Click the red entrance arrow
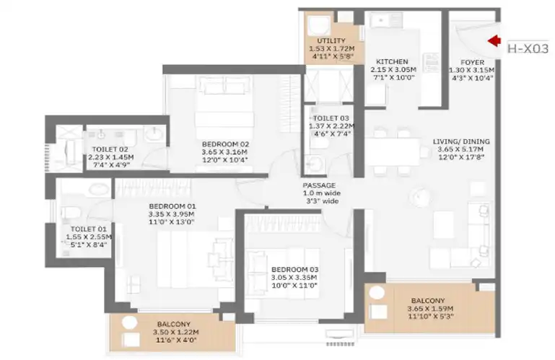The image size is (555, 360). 494,40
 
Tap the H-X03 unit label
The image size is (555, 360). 528,48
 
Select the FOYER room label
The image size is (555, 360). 472,62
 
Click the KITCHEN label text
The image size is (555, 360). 392,61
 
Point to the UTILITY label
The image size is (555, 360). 331,40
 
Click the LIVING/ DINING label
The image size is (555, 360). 462,141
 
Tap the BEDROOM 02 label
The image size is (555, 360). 225,144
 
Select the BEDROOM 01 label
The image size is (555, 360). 172,206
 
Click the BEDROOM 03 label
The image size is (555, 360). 295,269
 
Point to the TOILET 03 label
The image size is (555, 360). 331,118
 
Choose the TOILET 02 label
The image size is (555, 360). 110,149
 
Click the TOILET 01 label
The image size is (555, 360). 88,229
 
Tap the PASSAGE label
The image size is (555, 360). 319,185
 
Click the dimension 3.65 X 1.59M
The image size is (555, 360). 430,309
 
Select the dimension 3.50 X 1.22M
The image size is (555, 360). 176,332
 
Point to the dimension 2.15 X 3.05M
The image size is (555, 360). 393,70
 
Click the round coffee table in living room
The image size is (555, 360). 420,196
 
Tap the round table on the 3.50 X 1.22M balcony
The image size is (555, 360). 129,322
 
